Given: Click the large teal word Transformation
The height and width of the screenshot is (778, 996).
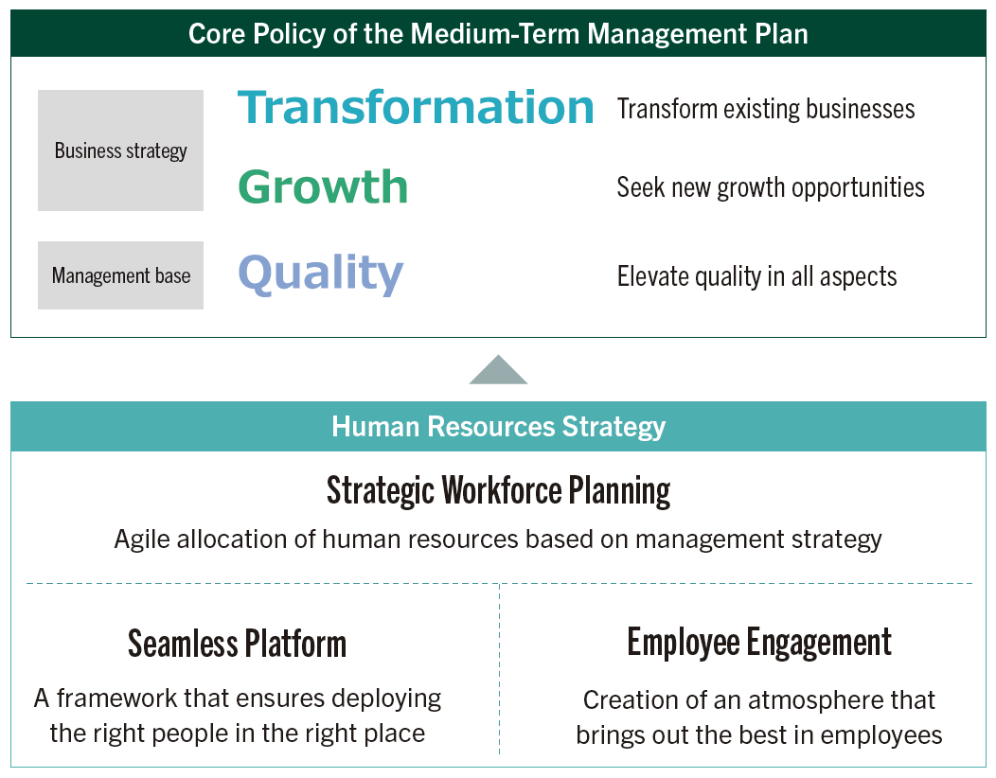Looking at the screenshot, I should [416, 107].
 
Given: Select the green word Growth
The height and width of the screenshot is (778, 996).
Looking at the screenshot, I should [322, 187].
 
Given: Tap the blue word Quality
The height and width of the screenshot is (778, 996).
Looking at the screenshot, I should [320, 274].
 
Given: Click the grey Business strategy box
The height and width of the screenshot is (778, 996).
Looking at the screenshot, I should [120, 150].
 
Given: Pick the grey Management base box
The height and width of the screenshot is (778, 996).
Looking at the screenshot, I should [120, 275].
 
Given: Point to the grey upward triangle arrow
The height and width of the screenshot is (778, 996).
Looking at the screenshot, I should [498, 372].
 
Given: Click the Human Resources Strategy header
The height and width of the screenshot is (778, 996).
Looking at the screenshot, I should [498, 426].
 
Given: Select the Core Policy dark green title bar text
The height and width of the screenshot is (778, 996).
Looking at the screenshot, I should [498, 34].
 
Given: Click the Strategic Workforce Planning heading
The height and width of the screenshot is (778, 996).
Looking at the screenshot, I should [498, 490].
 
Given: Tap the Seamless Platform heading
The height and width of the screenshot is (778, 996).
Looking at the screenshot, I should [237, 644].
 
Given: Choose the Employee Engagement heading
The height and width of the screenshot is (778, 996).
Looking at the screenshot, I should [759, 642].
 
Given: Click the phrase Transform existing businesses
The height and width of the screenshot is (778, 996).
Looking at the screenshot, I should [765, 109].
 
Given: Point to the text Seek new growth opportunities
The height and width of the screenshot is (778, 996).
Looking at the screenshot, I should [771, 187].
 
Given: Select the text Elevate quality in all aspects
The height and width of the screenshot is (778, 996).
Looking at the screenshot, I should [756, 276].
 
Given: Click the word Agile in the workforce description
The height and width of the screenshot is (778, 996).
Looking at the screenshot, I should [138, 539].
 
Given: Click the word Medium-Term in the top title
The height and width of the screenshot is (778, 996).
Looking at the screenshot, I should [496, 34].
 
